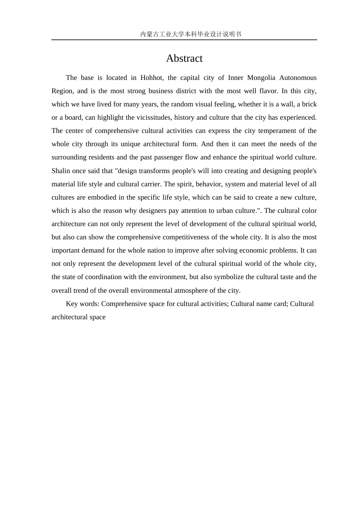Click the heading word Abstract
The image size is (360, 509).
(x=184, y=58)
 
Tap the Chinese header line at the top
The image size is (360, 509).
(x=191, y=34)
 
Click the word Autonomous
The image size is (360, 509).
(x=298, y=78)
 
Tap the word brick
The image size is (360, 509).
(x=309, y=104)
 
